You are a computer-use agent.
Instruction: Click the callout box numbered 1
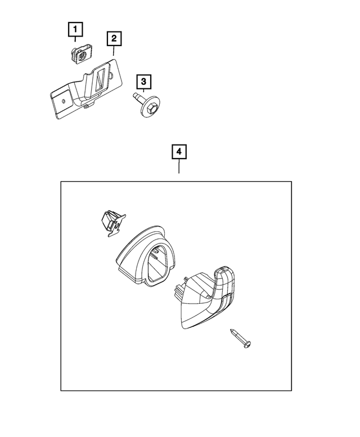(75, 29)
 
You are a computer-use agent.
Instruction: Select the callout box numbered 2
(114, 38)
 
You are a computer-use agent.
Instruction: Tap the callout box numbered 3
(143, 82)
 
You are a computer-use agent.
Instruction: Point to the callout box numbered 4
(179, 152)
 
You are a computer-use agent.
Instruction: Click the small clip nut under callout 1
(81, 55)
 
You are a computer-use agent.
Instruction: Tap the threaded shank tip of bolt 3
(134, 95)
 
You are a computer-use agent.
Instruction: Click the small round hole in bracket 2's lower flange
(64, 101)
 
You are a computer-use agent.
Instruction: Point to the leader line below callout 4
(179, 166)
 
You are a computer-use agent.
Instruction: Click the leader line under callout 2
(114, 51)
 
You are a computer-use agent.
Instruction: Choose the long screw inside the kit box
(241, 339)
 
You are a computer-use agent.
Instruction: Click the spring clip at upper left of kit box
(112, 223)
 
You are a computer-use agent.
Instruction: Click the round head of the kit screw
(247, 344)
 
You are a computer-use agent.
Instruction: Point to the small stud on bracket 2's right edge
(111, 75)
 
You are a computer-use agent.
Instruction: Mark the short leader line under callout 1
(75, 39)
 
